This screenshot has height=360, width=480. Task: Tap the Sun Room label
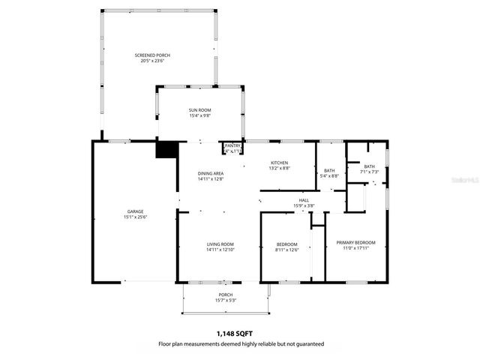[x=199, y=110]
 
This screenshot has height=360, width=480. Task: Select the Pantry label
[x=232, y=145]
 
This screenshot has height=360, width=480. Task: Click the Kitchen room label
[x=279, y=163]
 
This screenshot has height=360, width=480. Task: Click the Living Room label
[x=220, y=244]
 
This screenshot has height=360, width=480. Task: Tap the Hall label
[x=304, y=200]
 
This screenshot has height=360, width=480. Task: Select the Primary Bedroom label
[x=355, y=242]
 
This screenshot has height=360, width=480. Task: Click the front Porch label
[x=225, y=295]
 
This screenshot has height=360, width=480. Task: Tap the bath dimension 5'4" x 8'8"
[x=329, y=176]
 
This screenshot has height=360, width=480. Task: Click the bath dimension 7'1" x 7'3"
[x=369, y=172]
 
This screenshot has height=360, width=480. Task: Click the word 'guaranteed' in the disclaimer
[x=307, y=343]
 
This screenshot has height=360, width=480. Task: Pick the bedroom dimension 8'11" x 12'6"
[x=287, y=250]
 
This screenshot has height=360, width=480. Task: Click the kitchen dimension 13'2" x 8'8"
[x=279, y=169]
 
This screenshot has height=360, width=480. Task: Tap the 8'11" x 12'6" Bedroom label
[x=287, y=244]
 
